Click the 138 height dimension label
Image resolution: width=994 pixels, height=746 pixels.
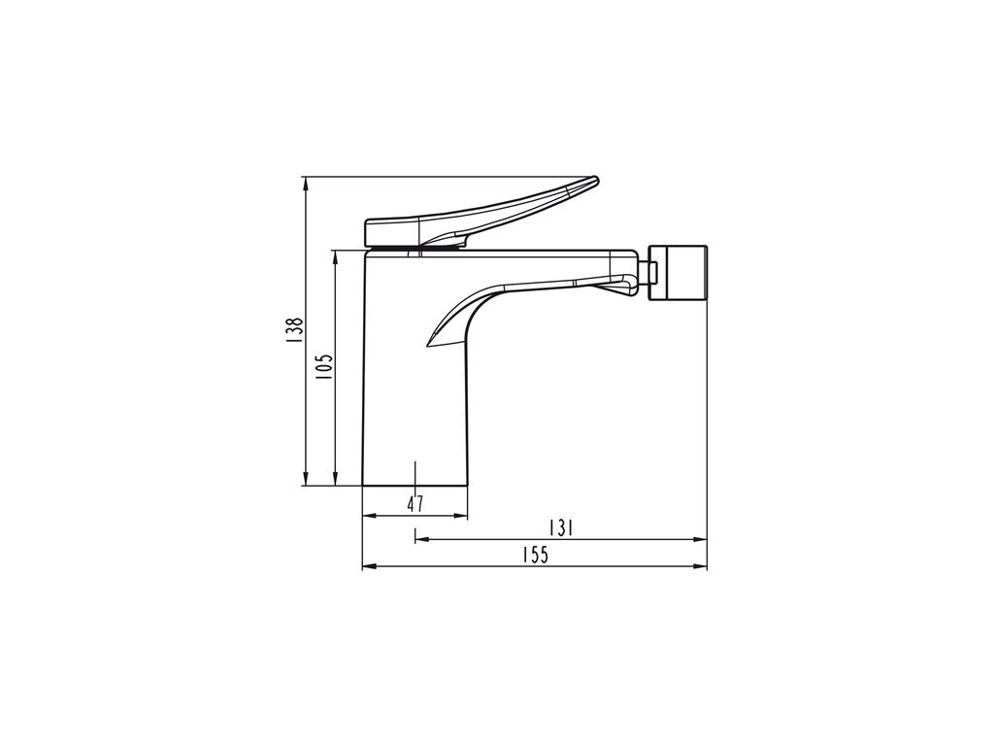pos(294,330)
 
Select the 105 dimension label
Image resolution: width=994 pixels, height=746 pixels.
pos(324,366)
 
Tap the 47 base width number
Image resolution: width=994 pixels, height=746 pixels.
pos(415,504)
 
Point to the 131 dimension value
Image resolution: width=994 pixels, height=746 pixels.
pos(561,527)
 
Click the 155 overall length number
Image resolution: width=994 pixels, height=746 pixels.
pos(535,555)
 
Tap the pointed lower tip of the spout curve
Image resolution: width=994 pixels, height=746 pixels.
pos(429,346)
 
